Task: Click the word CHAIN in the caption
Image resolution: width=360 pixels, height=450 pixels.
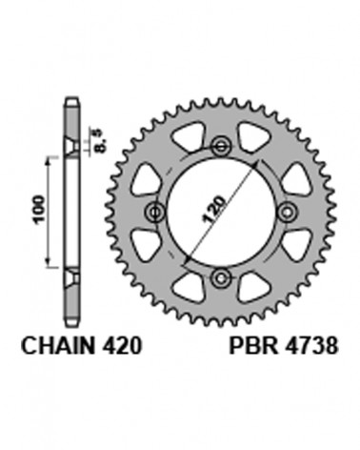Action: pyautogui.click(x=58, y=345)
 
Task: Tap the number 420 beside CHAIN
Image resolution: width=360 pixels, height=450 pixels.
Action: pyautogui.click(x=122, y=345)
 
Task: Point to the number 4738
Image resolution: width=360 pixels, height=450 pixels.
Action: pyautogui.click(x=311, y=345)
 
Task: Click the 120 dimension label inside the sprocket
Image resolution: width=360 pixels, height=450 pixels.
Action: pyautogui.click(x=214, y=209)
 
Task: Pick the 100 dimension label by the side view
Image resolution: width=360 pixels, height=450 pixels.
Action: pyautogui.click(x=40, y=210)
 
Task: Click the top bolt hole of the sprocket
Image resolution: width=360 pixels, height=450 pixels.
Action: pyautogui.click(x=221, y=147)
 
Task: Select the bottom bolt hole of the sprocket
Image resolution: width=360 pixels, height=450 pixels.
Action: pyautogui.click(x=221, y=278)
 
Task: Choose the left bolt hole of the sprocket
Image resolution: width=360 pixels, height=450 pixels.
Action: pyautogui.click(x=155, y=213)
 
